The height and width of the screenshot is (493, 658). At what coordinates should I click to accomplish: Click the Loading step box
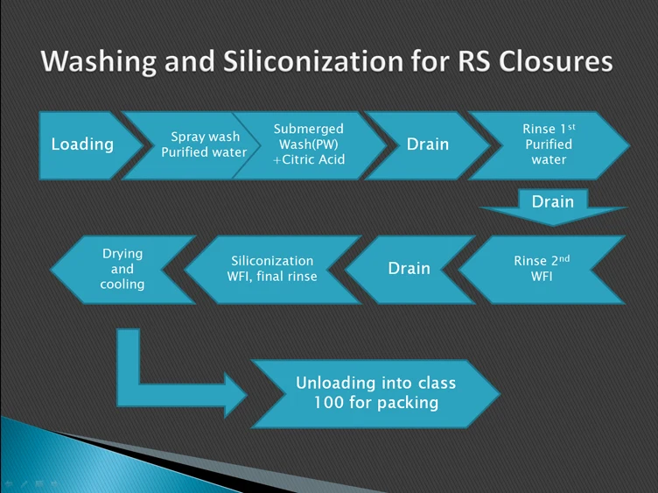(x=82, y=144)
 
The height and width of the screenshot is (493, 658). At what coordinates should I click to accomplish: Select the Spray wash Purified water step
(x=204, y=144)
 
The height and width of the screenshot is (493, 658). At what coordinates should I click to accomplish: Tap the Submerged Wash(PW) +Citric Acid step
(x=308, y=144)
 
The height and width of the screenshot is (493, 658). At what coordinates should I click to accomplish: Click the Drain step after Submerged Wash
(x=427, y=144)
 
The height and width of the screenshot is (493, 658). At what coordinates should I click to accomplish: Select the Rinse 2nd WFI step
(x=547, y=269)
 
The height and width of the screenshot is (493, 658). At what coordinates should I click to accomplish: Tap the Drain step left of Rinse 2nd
(x=409, y=269)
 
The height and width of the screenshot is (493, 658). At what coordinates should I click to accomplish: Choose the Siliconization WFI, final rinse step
(x=273, y=269)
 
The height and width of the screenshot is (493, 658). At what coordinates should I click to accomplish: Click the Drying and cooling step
(x=122, y=269)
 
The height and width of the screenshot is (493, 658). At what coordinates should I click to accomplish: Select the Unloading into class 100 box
(x=375, y=394)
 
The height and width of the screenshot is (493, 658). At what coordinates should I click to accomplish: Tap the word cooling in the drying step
(x=122, y=285)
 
